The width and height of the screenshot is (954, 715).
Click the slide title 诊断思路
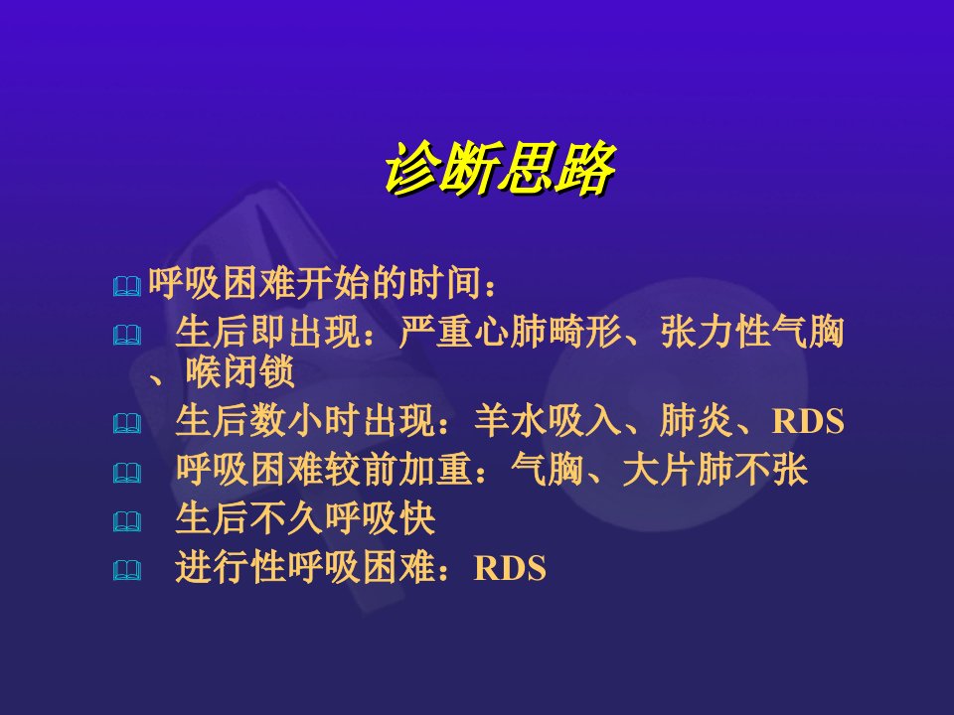[500, 169]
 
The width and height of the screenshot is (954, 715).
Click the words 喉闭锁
[240, 371]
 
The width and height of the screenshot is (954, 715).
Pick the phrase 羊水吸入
[548, 420]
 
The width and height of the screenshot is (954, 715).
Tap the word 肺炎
[696, 420]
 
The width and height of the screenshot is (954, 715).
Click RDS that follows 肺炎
[808, 421]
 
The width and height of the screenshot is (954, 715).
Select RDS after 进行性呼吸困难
[510, 568]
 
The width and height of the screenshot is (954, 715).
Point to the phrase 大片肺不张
[715, 470]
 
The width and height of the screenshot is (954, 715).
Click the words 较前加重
[399, 470]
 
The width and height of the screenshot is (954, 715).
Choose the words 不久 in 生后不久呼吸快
[287, 518]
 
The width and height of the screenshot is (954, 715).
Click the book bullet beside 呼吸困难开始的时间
[127, 286]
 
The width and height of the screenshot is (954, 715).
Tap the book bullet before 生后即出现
[127, 336]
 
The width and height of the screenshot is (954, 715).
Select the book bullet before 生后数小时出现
[127, 424]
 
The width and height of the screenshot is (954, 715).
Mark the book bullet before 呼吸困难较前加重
[127, 473]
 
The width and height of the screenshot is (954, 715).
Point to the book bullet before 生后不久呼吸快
[127, 521]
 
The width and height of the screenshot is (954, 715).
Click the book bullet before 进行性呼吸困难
[127, 570]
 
